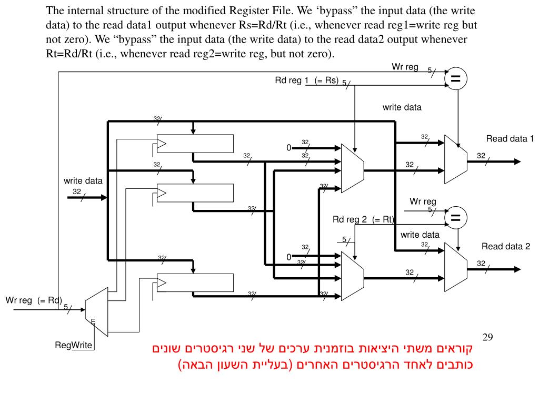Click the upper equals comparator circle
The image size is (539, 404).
[x=456, y=79]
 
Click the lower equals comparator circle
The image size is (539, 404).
[x=456, y=217]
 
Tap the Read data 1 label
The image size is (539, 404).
[x=510, y=139]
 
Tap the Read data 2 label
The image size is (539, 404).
[x=506, y=246]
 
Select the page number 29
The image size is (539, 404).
[x=487, y=337]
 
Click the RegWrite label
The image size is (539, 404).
[x=74, y=345]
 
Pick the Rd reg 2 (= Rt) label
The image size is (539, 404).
[x=364, y=219]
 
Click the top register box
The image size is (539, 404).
[x=195, y=144]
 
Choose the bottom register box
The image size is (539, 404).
[x=195, y=282]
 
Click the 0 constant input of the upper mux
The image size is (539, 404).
[x=289, y=148]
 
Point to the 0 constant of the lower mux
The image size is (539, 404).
[x=289, y=257]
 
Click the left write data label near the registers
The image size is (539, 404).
[x=83, y=181]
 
